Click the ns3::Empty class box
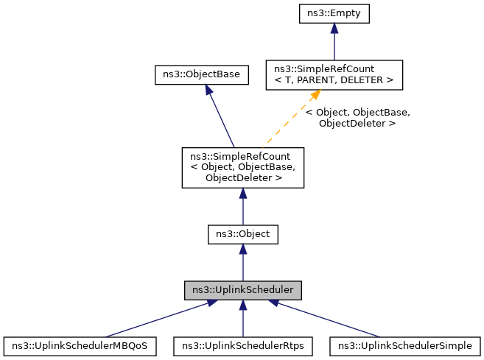coord(334,13)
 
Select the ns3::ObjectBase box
coord(200,74)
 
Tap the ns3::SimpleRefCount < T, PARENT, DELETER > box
coord(334,74)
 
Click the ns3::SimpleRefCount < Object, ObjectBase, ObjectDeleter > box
coord(243,167)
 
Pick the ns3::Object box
coord(243,235)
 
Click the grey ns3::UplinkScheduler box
coord(243,290)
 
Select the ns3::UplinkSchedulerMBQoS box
coord(80,345)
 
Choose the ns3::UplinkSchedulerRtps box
coord(243,345)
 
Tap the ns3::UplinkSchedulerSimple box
coord(406,345)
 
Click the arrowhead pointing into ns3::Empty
coord(334,27)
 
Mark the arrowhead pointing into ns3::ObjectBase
coord(208,89)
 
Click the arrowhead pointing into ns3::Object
coord(243,250)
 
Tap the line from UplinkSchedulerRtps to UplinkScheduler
coord(243,320)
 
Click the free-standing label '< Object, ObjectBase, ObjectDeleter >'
coord(357,119)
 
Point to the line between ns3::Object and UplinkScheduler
coord(243,267)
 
